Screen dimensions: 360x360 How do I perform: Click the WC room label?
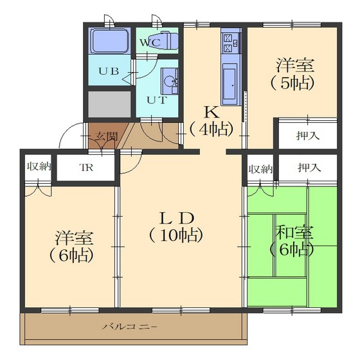pos(150,42)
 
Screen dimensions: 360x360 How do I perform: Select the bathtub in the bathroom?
pos(110,41)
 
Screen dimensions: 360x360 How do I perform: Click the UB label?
pos(109,71)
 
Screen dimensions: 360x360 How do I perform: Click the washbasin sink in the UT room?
pos(170,81)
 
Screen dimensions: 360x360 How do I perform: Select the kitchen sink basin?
pos(230,82)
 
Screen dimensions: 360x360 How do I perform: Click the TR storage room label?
pos(86,168)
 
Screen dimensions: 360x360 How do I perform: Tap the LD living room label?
pos(177,219)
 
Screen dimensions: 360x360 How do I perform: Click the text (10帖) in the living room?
pos(176,235)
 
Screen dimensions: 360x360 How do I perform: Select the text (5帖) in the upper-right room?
pos(292,83)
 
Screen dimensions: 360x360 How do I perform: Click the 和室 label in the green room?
pos(294,233)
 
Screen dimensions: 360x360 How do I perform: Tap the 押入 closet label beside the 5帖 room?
pos(308,136)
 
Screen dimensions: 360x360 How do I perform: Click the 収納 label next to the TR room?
pos(39,166)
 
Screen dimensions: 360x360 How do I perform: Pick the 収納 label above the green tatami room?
pos(260,169)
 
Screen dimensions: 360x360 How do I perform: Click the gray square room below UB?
pos(109,104)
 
